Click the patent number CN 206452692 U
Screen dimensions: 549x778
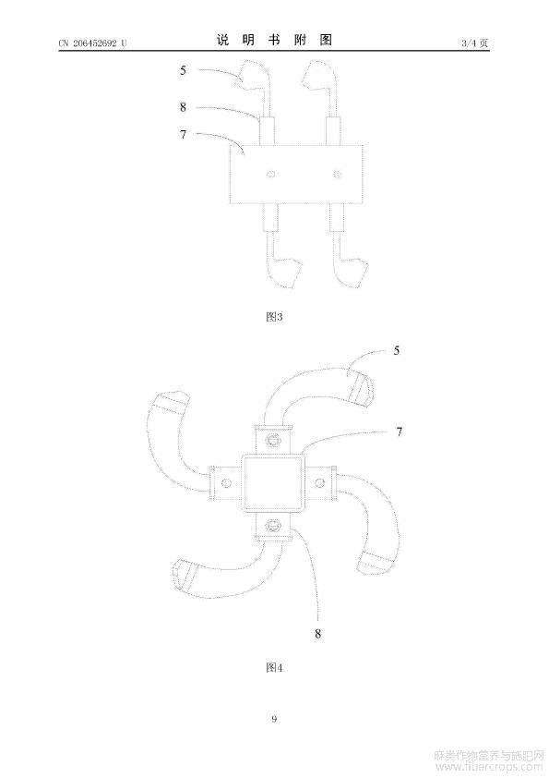coord(92,43)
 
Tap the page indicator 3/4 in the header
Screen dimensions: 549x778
coord(469,43)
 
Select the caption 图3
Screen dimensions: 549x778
coord(274,317)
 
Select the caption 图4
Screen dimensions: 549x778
coord(274,667)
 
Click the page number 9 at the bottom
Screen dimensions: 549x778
coord(274,719)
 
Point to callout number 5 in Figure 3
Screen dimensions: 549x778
coord(183,70)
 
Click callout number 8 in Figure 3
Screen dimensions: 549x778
coord(183,106)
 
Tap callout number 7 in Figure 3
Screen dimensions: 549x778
coord(183,134)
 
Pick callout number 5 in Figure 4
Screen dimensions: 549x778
coord(397,351)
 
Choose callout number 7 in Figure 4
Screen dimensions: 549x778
coord(400,432)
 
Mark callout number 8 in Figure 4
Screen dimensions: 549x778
coord(317,634)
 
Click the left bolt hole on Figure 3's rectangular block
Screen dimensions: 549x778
coord(270,174)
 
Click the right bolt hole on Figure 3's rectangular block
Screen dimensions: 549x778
coord(338,174)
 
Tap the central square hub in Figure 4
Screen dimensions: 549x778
coord(272,482)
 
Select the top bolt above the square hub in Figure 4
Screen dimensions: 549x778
coord(273,440)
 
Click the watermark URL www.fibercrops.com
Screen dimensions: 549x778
coord(490,768)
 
